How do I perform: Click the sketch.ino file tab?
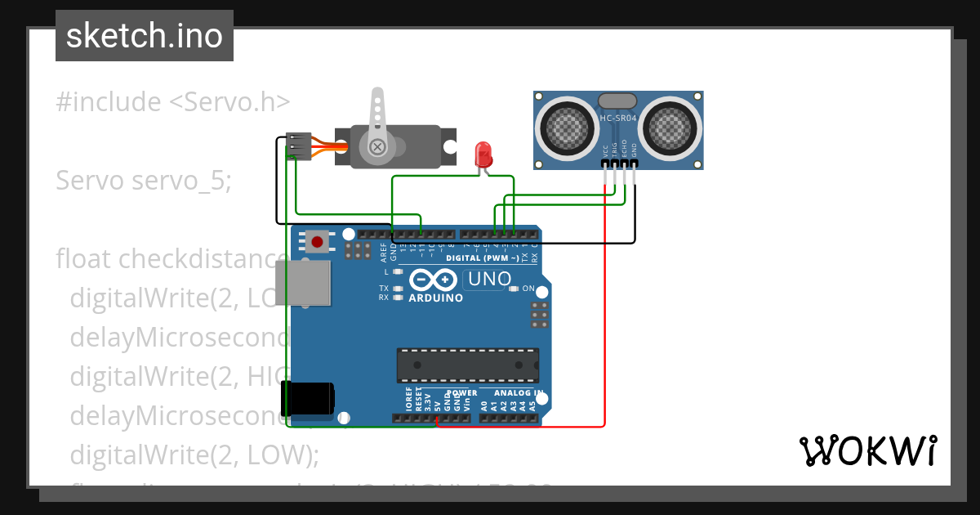(x=145, y=36)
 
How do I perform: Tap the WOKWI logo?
(x=867, y=450)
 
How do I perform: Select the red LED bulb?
(x=483, y=153)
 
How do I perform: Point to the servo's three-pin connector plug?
(x=300, y=146)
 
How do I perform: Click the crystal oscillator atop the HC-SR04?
(x=617, y=101)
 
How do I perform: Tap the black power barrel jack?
(x=307, y=398)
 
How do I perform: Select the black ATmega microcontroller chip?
(x=467, y=365)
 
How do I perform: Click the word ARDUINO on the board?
(x=435, y=298)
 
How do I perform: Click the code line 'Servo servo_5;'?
(x=144, y=181)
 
